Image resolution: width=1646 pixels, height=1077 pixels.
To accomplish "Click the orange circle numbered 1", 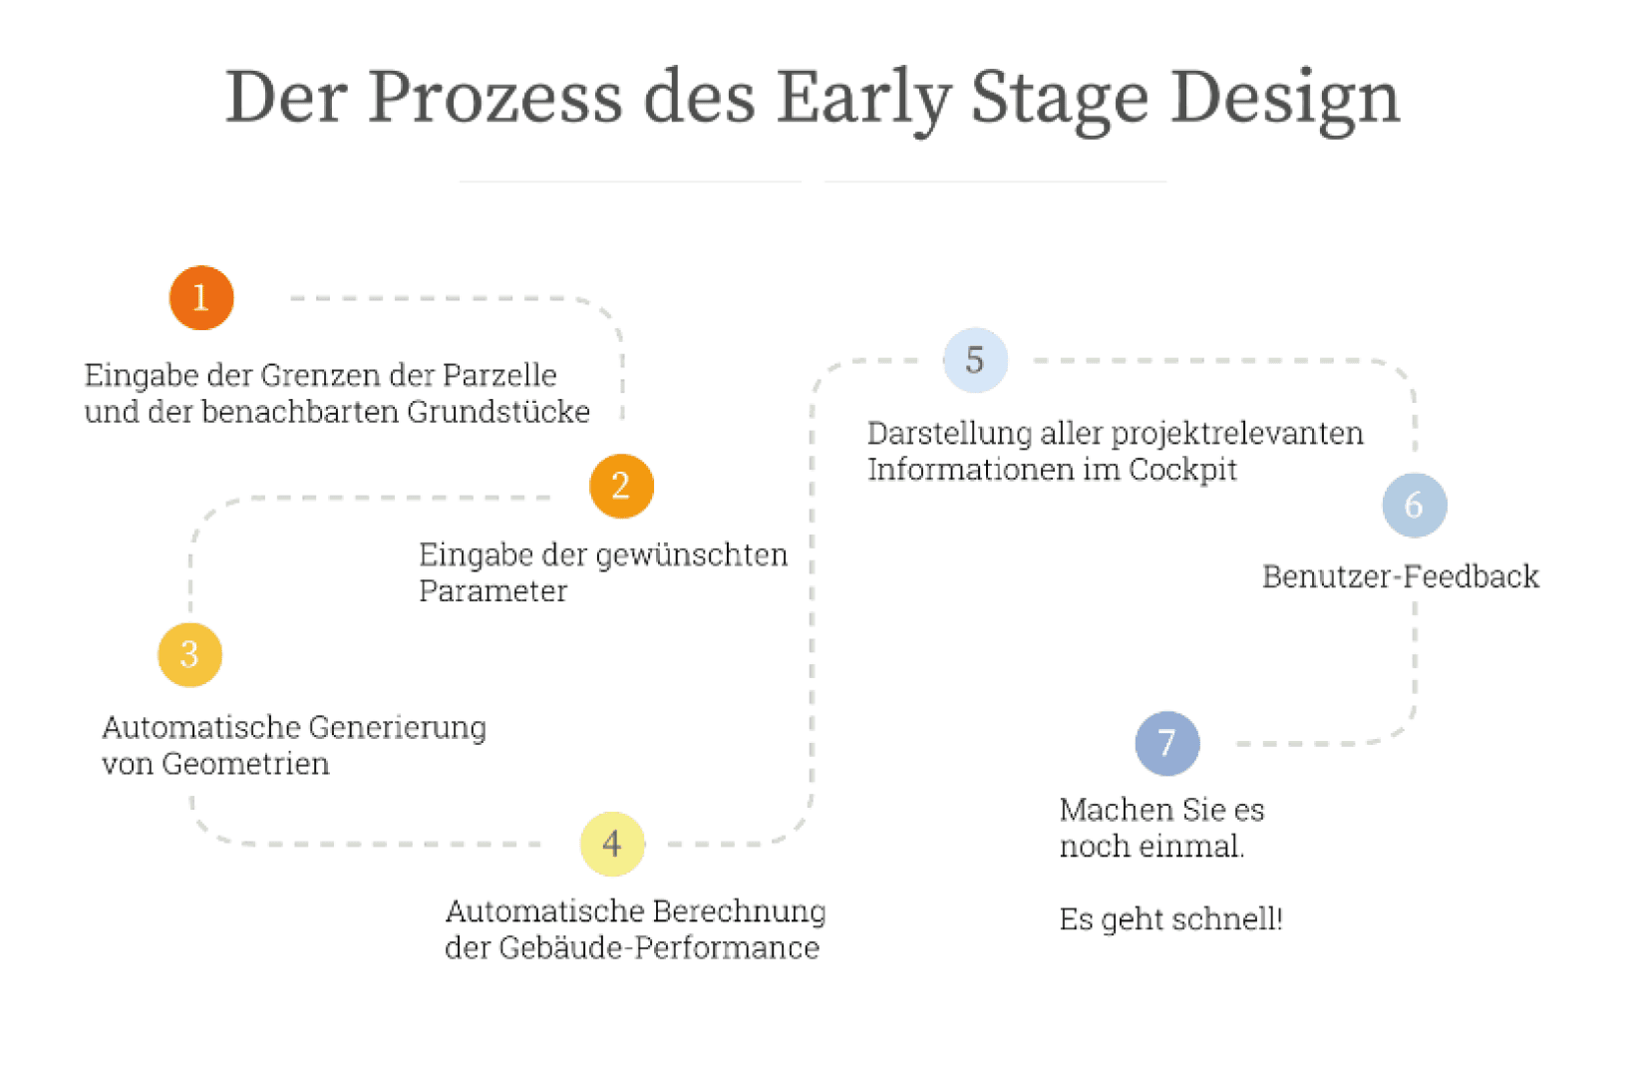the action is pyautogui.click(x=201, y=298).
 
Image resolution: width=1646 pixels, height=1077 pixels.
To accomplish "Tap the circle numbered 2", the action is pyautogui.click(x=622, y=486).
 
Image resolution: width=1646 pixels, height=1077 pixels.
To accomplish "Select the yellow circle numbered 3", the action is pyautogui.click(x=190, y=654).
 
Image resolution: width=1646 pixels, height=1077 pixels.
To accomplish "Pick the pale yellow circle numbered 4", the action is pyautogui.click(x=613, y=844).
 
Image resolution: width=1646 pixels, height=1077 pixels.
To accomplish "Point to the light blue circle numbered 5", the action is pyautogui.click(x=975, y=360).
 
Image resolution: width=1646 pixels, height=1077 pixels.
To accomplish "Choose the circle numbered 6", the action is pyautogui.click(x=1415, y=505).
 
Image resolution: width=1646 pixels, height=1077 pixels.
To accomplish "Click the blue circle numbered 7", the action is pyautogui.click(x=1167, y=743).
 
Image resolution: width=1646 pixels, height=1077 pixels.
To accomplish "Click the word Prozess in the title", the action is pyautogui.click(x=495, y=97).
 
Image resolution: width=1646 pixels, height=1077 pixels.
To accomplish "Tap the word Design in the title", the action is pyautogui.click(x=1285, y=101).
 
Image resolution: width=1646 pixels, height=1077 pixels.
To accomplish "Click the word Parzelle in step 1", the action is pyautogui.click(x=499, y=376).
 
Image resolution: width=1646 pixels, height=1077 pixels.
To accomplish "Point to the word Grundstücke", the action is pyautogui.click(x=498, y=412).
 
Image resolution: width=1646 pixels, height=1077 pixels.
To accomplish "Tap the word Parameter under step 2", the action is pyautogui.click(x=494, y=591).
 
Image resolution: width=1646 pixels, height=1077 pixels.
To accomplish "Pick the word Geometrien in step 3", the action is pyautogui.click(x=245, y=764).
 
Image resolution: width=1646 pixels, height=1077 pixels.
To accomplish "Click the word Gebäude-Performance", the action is pyautogui.click(x=659, y=947).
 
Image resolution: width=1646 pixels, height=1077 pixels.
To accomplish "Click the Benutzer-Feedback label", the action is pyautogui.click(x=1401, y=576).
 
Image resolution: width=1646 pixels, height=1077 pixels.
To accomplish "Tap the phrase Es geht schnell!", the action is pyautogui.click(x=1170, y=919).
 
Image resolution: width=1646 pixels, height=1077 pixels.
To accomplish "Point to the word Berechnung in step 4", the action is pyautogui.click(x=739, y=912).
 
